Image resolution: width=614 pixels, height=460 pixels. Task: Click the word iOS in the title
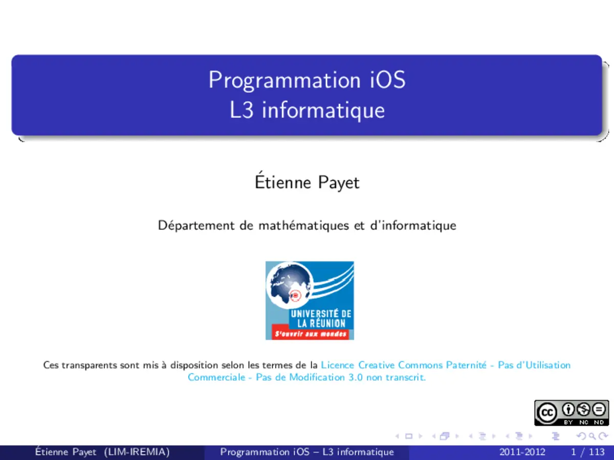[387, 80]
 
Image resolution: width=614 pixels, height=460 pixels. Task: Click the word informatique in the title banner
[323, 110]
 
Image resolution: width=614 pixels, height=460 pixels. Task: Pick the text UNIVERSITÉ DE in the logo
[321, 314]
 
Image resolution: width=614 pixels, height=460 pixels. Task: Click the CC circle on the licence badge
[547, 412]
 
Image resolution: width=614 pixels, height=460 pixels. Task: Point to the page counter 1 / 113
[587, 452]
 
